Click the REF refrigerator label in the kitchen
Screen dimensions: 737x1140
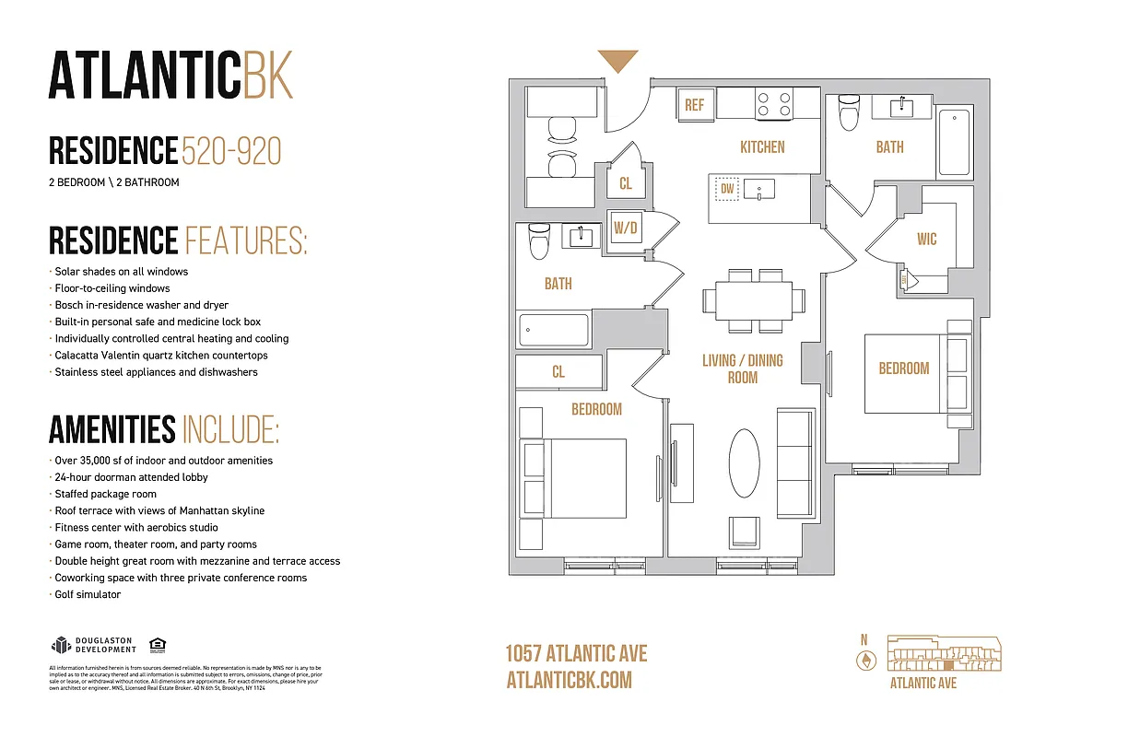click(x=694, y=105)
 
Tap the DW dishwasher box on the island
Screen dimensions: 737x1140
click(x=727, y=190)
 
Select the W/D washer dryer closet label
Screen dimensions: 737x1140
click(x=626, y=227)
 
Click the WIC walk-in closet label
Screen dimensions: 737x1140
click(x=926, y=240)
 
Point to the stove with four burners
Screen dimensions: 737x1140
click(x=773, y=103)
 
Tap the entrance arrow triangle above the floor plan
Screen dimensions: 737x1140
click(x=617, y=62)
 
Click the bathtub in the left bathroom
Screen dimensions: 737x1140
click(x=554, y=329)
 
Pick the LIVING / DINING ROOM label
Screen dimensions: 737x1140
click(x=742, y=368)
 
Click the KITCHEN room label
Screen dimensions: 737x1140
click(x=762, y=147)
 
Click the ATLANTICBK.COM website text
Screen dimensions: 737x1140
click(x=569, y=680)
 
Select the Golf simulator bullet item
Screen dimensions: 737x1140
click(x=87, y=595)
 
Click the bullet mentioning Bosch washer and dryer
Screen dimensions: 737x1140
click(x=141, y=305)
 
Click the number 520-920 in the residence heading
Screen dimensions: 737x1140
click(x=231, y=151)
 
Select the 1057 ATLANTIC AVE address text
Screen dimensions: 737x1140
click(x=576, y=654)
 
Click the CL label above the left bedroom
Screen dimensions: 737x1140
click(x=558, y=372)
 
